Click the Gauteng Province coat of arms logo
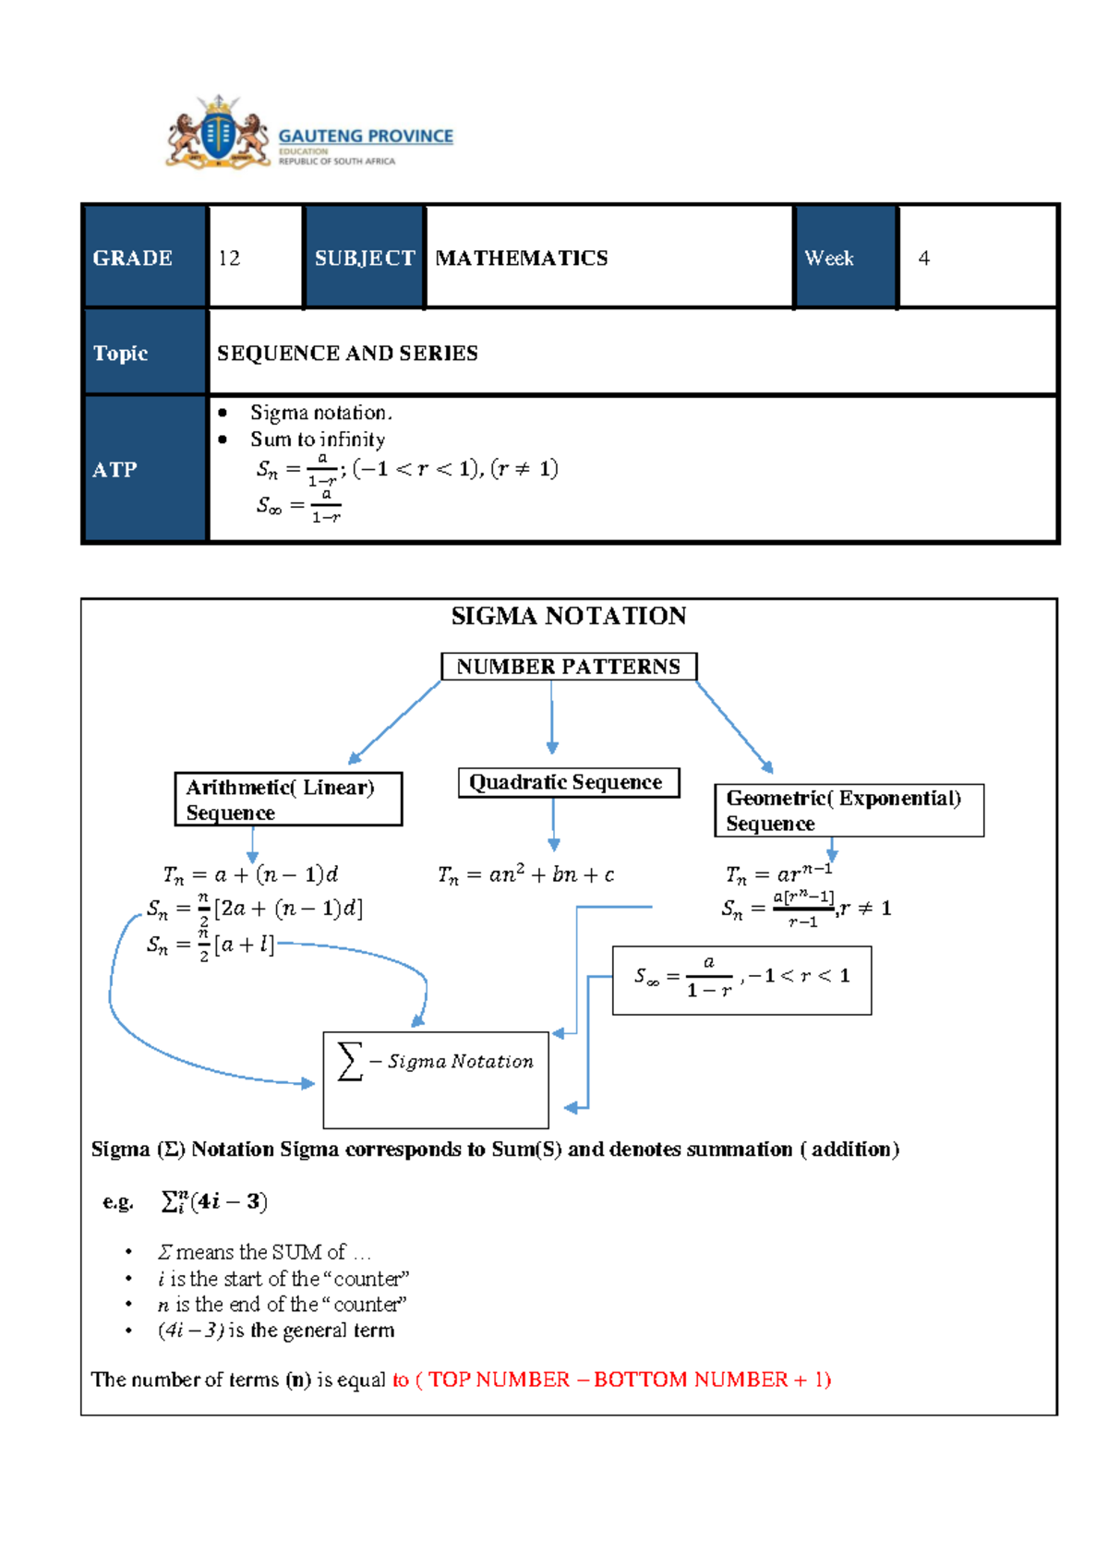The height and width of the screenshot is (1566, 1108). [218, 133]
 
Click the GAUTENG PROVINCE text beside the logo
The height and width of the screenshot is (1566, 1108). [366, 136]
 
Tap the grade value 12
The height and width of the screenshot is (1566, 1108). [229, 259]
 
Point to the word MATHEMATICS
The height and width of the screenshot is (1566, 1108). [521, 259]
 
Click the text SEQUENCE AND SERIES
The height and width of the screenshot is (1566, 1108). [347, 353]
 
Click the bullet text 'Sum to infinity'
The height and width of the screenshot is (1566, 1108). [318, 440]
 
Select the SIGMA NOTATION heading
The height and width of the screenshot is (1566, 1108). [568, 616]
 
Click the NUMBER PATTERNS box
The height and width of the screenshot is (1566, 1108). [568, 667]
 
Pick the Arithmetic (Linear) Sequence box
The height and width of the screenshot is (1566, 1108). [288, 800]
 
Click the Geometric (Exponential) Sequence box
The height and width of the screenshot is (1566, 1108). [848, 811]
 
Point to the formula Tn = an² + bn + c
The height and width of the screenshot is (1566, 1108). [526, 874]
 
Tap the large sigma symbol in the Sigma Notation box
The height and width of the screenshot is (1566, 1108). [350, 1061]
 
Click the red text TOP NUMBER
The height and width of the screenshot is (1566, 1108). [500, 1379]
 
